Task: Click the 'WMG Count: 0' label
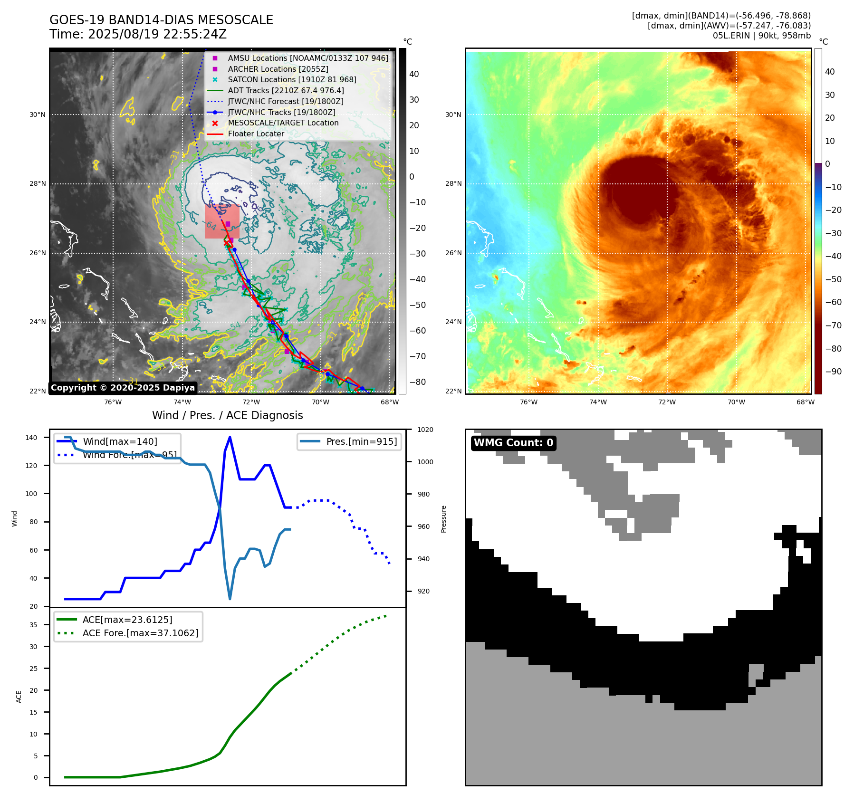click(513, 443)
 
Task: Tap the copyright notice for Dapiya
click(123, 388)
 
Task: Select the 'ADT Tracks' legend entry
click(286, 90)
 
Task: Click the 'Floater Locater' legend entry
click(256, 134)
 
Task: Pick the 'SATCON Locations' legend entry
click(292, 79)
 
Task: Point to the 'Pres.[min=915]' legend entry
click(361, 441)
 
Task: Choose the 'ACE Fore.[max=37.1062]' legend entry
click(140, 633)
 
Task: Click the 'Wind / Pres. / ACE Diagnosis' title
click(227, 415)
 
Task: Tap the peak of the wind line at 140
click(230, 437)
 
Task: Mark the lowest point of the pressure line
click(230, 599)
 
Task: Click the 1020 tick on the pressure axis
click(425, 430)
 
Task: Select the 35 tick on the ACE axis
click(33, 625)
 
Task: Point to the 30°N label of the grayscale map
click(38, 115)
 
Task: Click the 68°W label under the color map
click(805, 402)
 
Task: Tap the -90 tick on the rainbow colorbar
click(833, 372)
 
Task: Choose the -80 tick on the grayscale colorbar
click(418, 382)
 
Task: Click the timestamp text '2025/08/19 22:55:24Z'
click(157, 34)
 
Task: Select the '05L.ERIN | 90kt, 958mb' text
click(761, 36)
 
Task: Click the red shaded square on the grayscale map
click(221, 221)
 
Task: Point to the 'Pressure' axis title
click(443, 519)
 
